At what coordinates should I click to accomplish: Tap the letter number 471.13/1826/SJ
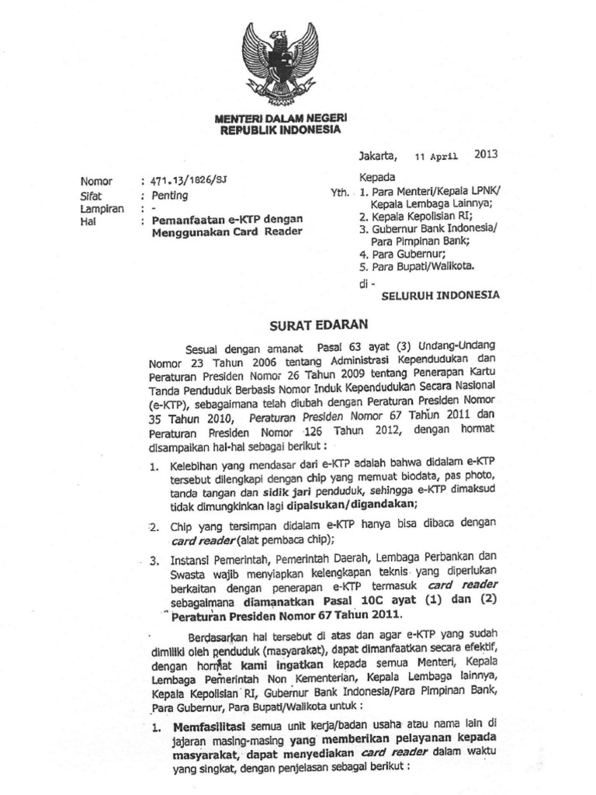(x=190, y=182)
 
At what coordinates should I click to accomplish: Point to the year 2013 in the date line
(x=485, y=154)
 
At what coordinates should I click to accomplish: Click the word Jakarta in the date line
(x=378, y=155)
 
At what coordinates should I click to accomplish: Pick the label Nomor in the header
(x=97, y=182)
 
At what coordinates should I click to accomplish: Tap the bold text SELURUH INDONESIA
(x=440, y=296)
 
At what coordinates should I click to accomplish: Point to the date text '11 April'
(x=437, y=155)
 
